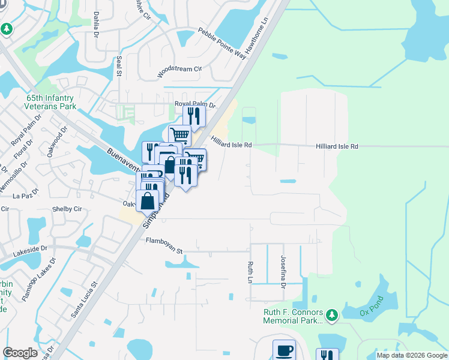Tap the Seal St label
click(119, 67)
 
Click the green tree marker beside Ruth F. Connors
click(331, 314)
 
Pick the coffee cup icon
click(285, 350)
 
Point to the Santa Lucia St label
click(84, 299)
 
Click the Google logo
click(20, 352)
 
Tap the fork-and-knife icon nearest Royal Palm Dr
click(194, 114)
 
